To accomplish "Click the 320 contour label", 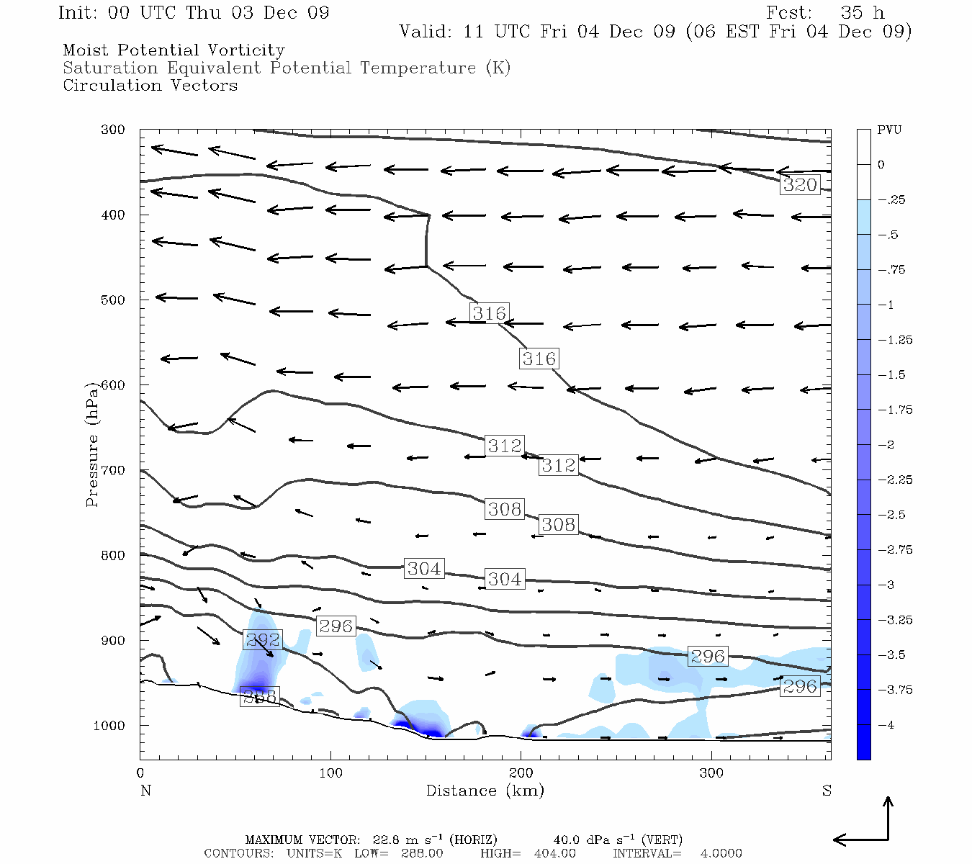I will click(800, 184).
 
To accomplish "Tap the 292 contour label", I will click(263, 639).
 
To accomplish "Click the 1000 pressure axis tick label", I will click(109, 726).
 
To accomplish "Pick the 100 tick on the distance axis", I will click(331, 773).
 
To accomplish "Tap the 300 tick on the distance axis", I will click(711, 773).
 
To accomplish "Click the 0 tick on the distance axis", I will click(140, 773).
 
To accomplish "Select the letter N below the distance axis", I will click(145, 791).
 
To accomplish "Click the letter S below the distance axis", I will click(827, 791).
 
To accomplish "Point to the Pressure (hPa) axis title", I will click(92, 444).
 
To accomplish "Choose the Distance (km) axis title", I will click(485, 791).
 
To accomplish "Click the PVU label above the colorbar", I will click(889, 130).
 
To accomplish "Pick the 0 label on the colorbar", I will click(881, 165).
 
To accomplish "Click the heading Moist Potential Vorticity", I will click(174, 50).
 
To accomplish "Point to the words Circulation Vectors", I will click(150, 85).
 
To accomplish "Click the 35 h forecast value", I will click(862, 13).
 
